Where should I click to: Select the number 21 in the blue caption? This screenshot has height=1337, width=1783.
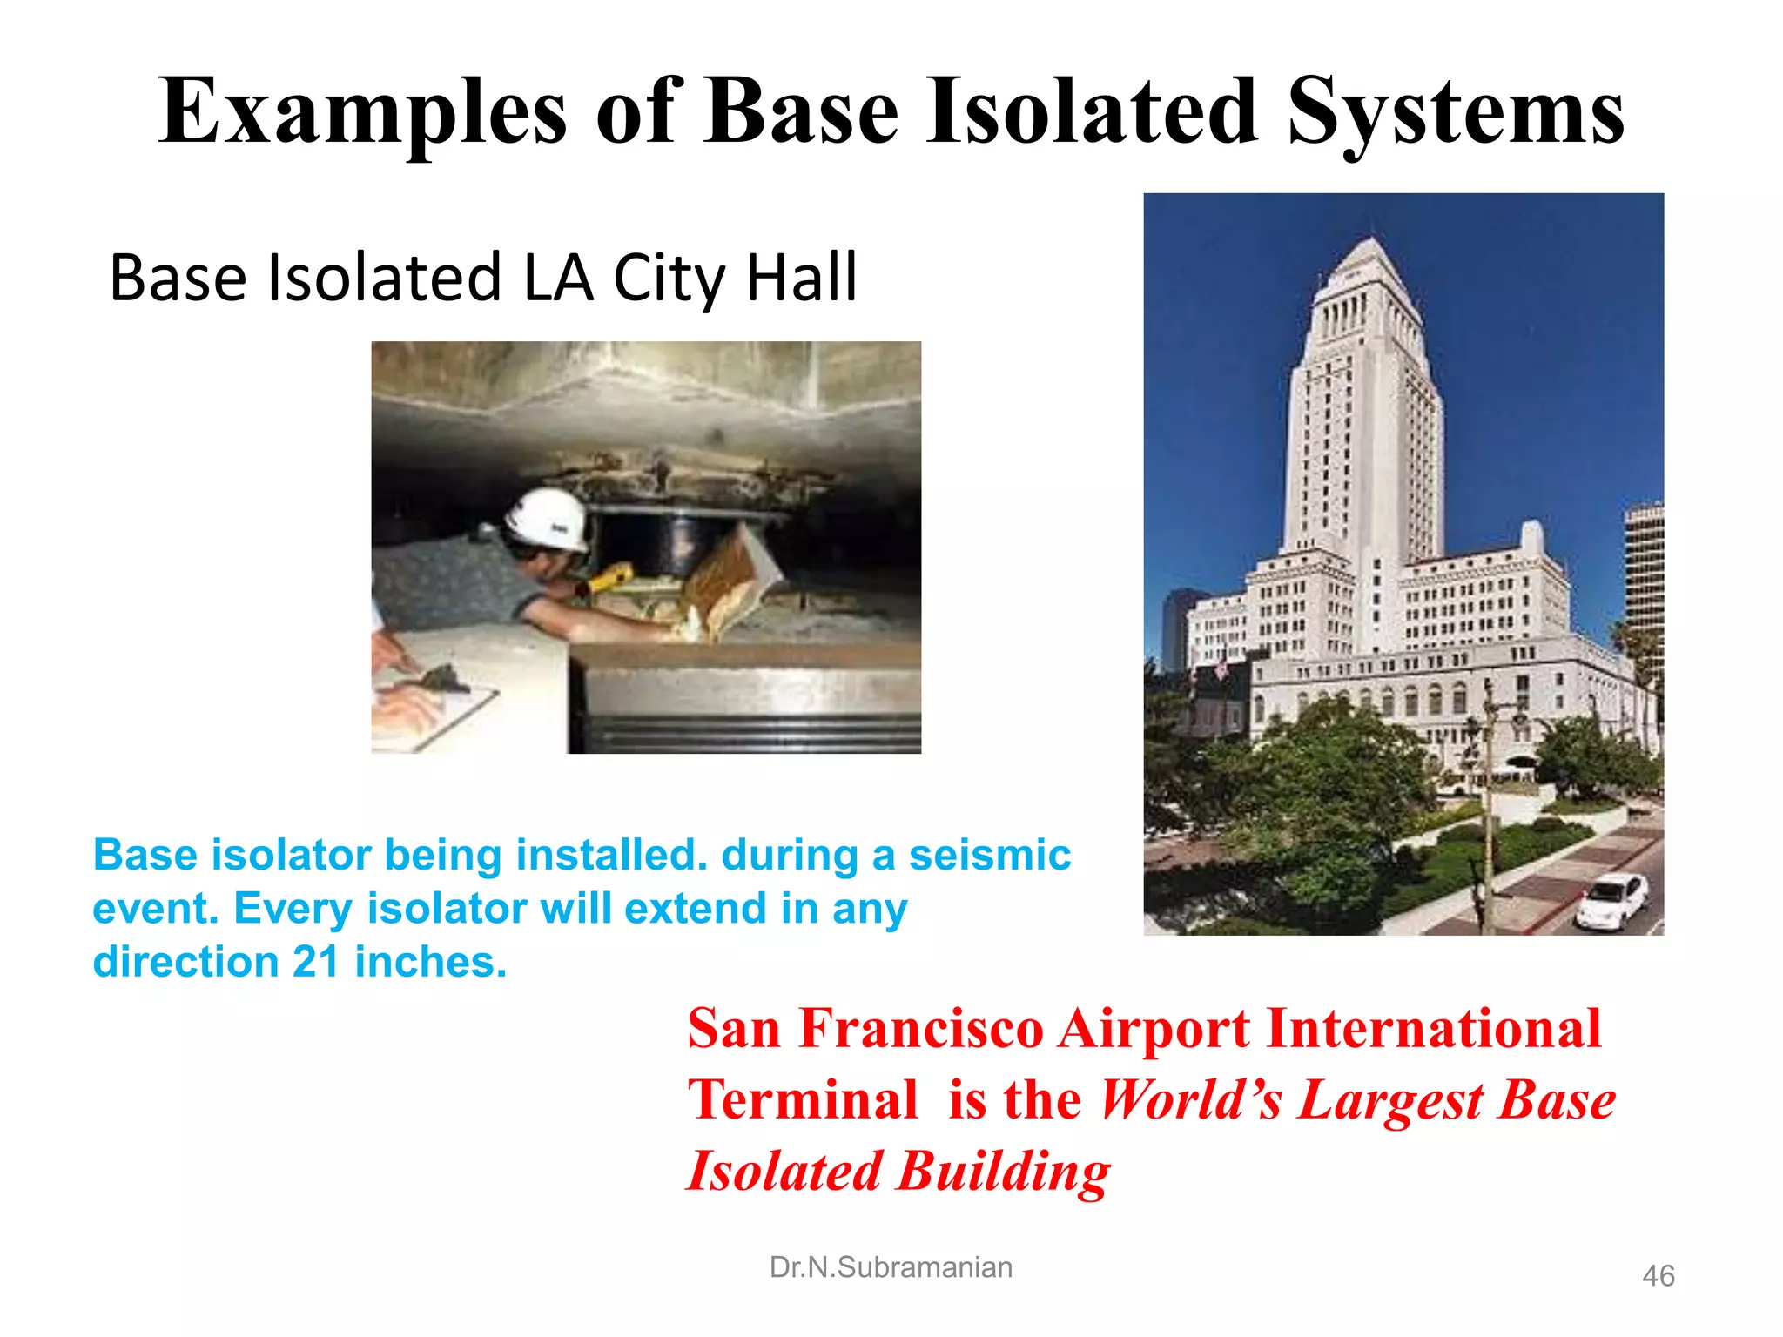click(315, 963)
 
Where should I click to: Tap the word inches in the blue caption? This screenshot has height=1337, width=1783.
click(430, 963)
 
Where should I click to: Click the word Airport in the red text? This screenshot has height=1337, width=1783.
click(1154, 1029)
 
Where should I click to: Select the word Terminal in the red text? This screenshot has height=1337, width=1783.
click(803, 1099)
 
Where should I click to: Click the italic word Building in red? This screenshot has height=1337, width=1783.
click(1004, 1172)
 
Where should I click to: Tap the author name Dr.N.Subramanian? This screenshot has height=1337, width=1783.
click(891, 1267)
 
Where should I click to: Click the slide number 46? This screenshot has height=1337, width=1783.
click(1658, 1276)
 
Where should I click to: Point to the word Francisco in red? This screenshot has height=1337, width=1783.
click(921, 1029)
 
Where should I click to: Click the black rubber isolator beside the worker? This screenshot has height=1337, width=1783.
click(644, 544)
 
